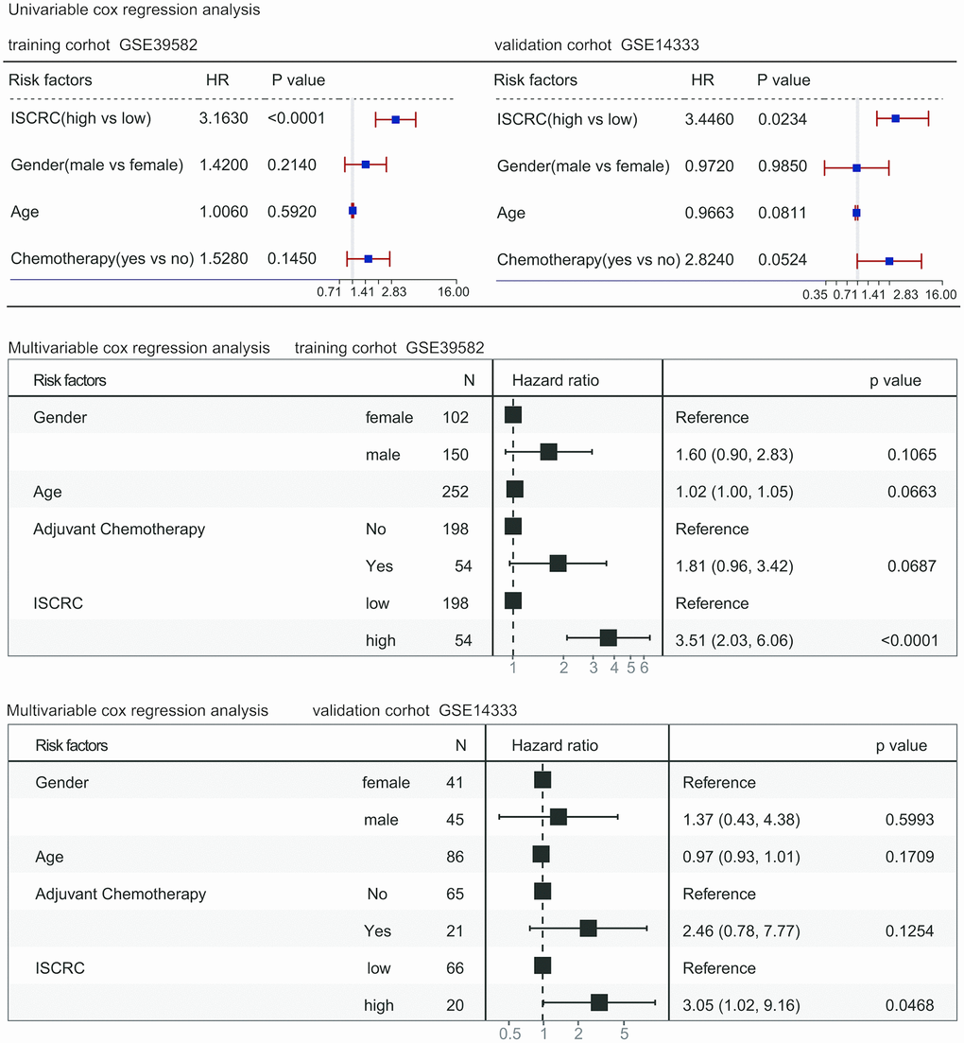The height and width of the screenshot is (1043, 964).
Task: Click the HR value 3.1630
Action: pyautogui.click(x=223, y=118)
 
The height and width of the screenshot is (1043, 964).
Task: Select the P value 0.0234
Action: pyautogui.click(x=782, y=119)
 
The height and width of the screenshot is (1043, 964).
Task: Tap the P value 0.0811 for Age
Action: pyautogui.click(x=782, y=214)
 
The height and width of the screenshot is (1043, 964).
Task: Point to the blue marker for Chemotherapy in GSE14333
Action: pyautogui.click(x=889, y=260)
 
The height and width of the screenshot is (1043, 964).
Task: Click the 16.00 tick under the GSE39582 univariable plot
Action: pyautogui.click(x=454, y=292)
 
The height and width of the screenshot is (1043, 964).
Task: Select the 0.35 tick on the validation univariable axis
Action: pyautogui.click(x=815, y=296)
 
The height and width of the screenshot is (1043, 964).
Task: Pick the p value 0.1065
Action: pyautogui.click(x=912, y=455)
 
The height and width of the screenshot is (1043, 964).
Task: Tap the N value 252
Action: pyautogui.click(x=455, y=492)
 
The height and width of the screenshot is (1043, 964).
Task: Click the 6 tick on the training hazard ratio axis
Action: pyautogui.click(x=644, y=669)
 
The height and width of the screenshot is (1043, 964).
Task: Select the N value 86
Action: pyautogui.click(x=454, y=857)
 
